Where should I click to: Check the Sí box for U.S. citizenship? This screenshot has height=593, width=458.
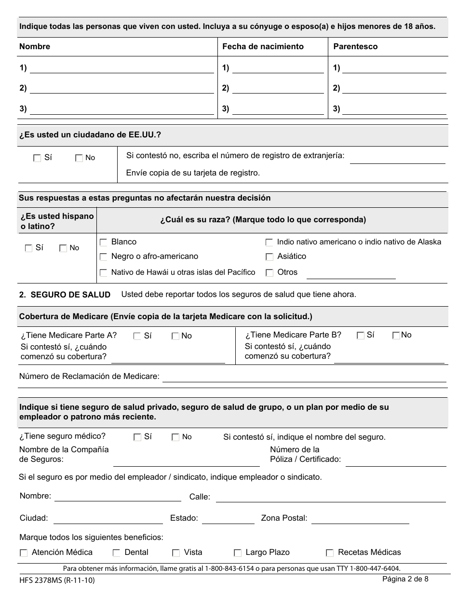pos(37,158)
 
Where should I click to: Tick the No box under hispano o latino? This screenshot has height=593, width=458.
pos(63,248)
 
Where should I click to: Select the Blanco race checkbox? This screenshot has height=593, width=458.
pos(103,242)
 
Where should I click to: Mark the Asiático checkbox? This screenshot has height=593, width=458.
pos(269,257)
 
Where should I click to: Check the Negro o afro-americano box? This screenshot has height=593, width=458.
pos(103,257)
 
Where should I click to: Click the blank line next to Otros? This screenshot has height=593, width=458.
pos(350,274)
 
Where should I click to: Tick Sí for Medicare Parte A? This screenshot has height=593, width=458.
pos(137,336)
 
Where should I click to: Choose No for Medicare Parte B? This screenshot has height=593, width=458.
pos(396,336)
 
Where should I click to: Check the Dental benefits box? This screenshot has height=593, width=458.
pos(116,553)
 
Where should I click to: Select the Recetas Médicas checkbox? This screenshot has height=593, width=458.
pos(330,553)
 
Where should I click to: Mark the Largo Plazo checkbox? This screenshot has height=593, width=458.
pos(237,553)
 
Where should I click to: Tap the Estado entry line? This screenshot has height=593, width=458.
pos(228,519)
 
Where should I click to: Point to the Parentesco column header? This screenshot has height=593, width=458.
pos(355,47)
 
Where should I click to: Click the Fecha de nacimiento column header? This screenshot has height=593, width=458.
pos(263,47)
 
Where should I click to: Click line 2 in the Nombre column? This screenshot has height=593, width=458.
pos(121,89)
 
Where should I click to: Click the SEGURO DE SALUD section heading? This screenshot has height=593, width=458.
pos(70,295)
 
